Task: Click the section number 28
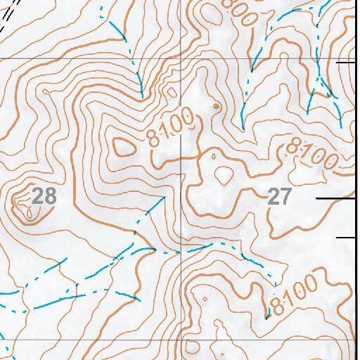pyautogui.click(x=44, y=195)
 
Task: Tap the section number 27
pyautogui.click(x=279, y=197)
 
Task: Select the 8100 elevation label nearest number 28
pyautogui.click(x=171, y=129)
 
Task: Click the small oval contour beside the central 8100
pyautogui.click(x=124, y=146)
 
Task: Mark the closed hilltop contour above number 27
pyautogui.click(x=224, y=174)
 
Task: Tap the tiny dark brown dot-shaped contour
pyautogui.click(x=216, y=106)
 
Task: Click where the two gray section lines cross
pyautogui.click(x=181, y=58)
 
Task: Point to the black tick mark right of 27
pyautogui.click(x=334, y=198)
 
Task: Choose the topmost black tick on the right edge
pyautogui.click(x=346, y=62)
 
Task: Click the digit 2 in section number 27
pyautogui.click(x=274, y=197)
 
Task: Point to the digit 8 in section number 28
pyautogui.click(x=50, y=195)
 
